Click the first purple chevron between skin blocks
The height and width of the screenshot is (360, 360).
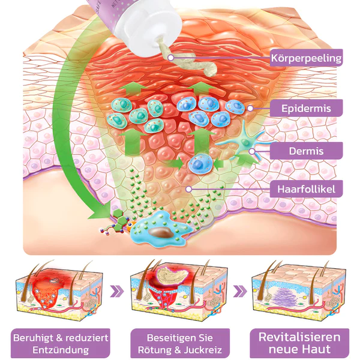121,290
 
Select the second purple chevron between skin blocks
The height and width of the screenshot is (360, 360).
240,290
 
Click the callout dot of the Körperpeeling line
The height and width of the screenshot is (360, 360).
170,58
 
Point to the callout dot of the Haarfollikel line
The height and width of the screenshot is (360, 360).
188,189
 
